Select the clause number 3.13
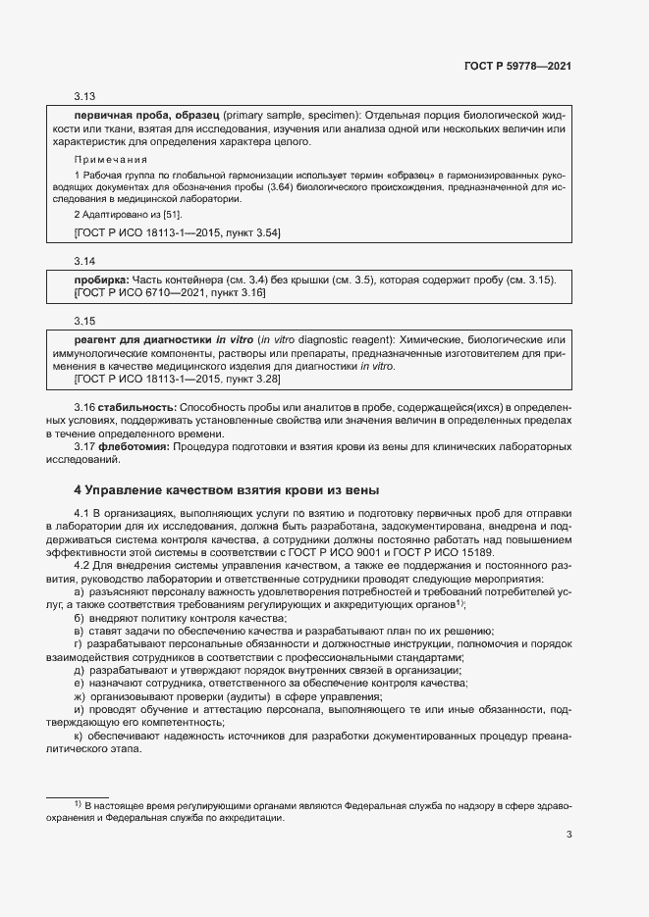point(84,96)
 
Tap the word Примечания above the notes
point(111,158)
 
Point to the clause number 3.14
point(84,261)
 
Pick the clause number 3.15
point(84,321)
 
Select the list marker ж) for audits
point(80,695)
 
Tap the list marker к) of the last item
point(79,735)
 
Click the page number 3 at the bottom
point(568,835)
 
